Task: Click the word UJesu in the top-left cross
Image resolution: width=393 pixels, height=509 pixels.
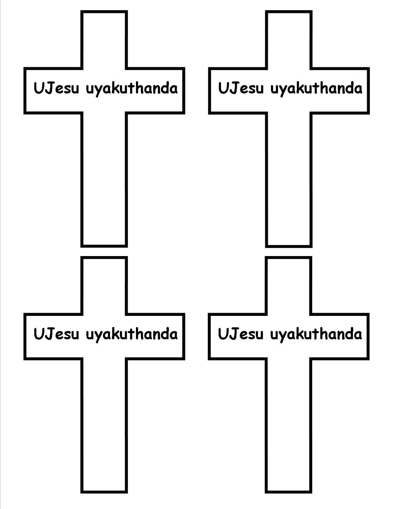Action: (56, 88)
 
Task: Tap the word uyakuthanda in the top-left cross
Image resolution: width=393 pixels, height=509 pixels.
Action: (132, 88)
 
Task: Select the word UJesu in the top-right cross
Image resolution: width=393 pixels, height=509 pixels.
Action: (241, 88)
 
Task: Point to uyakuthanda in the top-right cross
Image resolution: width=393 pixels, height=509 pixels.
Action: (316, 88)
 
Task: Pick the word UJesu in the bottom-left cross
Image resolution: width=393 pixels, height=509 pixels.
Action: (56, 334)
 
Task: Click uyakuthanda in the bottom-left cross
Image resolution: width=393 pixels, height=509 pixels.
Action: (132, 334)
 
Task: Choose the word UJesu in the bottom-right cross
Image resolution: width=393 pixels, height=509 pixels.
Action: (240, 334)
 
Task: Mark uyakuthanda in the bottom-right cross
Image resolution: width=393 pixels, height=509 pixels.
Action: (316, 334)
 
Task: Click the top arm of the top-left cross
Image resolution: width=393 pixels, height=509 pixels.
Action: (104, 40)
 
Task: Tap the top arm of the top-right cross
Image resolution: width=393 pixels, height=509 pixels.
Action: (289, 40)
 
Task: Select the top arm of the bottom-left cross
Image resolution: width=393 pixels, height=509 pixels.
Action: (104, 286)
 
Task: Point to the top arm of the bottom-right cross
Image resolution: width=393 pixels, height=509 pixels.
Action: (288, 286)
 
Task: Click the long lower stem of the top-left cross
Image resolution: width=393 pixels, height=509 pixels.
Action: (104, 178)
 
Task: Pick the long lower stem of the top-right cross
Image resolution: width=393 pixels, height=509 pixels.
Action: (289, 178)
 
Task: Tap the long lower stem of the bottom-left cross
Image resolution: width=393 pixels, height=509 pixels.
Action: (104, 425)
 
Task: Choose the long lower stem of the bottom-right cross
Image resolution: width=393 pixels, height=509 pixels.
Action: (288, 425)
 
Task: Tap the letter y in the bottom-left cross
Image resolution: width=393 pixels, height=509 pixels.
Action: (98, 336)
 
